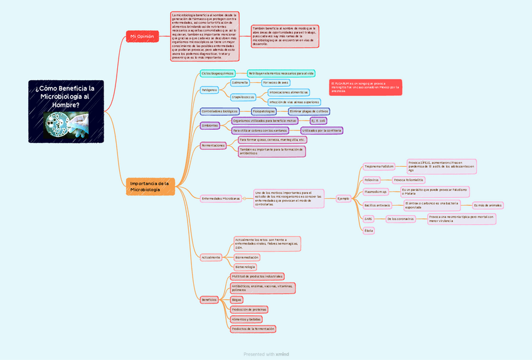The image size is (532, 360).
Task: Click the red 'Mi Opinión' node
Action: [x=142, y=37]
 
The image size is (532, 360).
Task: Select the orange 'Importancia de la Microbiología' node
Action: [x=150, y=186]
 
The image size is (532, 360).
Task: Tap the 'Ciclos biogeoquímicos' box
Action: [x=218, y=73]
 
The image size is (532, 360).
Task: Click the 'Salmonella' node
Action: [x=240, y=82]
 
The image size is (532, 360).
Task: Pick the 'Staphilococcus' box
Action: [x=243, y=97]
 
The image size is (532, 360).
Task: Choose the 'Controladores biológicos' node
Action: [x=220, y=111]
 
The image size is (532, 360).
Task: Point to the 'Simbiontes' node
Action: [x=210, y=125]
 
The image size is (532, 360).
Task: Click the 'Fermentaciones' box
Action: [x=213, y=146]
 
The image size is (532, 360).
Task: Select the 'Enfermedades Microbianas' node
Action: [x=220, y=198]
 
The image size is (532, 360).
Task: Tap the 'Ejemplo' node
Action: [x=343, y=198]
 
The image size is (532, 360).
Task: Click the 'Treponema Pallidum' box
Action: [x=380, y=166]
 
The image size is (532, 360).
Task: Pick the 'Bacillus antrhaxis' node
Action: [x=378, y=205]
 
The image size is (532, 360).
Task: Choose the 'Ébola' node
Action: [x=369, y=231]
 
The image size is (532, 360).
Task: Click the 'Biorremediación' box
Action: [x=247, y=257]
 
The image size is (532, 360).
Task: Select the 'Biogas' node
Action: [x=237, y=300]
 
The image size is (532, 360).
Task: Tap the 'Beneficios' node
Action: [x=209, y=300]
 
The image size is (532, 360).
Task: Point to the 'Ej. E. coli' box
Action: [x=319, y=120]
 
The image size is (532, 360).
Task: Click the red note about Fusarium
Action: [x=365, y=87]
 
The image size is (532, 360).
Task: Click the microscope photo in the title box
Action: [x=66, y=124]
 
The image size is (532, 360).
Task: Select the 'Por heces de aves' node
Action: [x=275, y=82]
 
